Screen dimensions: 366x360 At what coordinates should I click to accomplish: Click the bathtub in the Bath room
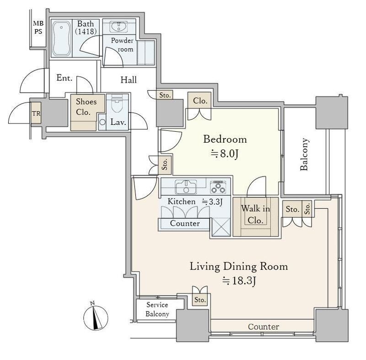(x=61, y=38)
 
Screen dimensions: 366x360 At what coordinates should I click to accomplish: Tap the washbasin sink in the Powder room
(x=119, y=27)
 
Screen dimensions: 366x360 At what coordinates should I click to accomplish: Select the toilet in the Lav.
(x=117, y=103)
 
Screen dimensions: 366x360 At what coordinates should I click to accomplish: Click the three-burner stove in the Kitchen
(x=218, y=187)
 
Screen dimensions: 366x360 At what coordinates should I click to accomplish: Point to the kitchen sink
(x=186, y=187)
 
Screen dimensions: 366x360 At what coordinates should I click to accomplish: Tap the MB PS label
(x=38, y=27)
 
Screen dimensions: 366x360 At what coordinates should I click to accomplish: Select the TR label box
(x=36, y=113)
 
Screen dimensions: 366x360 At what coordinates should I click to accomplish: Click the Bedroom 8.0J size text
(x=224, y=154)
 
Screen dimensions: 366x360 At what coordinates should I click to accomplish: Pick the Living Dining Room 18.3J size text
(x=239, y=281)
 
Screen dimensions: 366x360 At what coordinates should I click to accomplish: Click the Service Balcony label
(x=157, y=309)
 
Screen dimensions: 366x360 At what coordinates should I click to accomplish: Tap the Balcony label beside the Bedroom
(x=304, y=154)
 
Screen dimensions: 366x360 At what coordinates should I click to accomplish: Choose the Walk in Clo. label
(x=255, y=214)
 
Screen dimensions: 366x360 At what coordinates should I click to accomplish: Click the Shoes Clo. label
(x=86, y=107)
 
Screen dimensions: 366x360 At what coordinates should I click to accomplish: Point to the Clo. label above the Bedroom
(x=200, y=101)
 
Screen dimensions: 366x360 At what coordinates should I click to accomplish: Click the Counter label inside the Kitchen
(x=185, y=223)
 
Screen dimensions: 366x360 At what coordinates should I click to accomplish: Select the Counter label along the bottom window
(x=264, y=327)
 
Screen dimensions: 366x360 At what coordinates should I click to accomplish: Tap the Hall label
(x=129, y=80)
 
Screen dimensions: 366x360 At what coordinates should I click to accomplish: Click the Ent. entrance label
(x=64, y=78)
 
